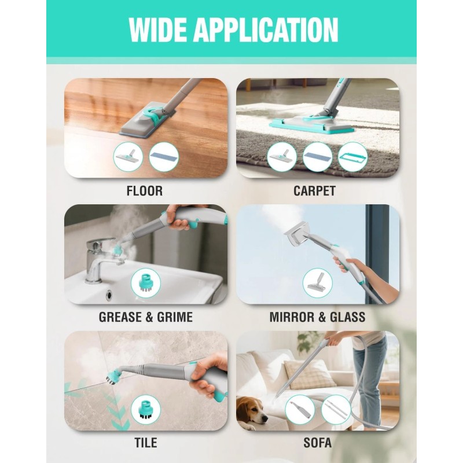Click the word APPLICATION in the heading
pos(266,30)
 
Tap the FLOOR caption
pos(144,191)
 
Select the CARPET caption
pos(314,191)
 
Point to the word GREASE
pos(120,317)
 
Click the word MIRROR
pos(292,317)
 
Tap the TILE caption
pos(146,443)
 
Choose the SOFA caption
pos(317,443)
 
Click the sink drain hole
pos(109,294)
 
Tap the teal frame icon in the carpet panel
pos(352,157)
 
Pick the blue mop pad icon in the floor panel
pos(164,157)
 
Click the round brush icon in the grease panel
pos(146,283)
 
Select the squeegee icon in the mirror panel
pos(317,283)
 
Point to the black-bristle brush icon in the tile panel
pos(146,410)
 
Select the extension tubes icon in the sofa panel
pos(336,410)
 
